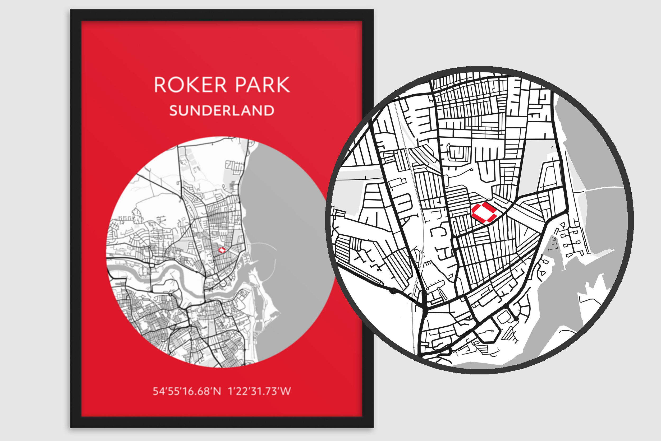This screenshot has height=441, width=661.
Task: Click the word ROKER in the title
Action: point(190,85)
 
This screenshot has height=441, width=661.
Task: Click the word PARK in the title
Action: point(262,85)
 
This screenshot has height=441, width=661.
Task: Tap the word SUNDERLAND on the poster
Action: point(222,110)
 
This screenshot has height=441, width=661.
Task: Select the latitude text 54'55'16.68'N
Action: point(187,391)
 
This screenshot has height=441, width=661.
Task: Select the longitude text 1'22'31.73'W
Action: point(259,391)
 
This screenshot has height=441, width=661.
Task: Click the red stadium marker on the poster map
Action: point(222,250)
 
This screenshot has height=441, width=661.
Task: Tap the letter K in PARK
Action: point(283,85)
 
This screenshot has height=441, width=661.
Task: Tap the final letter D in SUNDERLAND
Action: point(269,110)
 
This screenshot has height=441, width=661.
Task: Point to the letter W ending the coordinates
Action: point(285,391)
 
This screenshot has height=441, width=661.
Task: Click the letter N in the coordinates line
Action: point(217,391)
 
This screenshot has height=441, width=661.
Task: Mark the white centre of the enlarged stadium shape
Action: point(485,212)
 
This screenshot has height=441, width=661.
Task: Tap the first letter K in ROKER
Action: point(193,85)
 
